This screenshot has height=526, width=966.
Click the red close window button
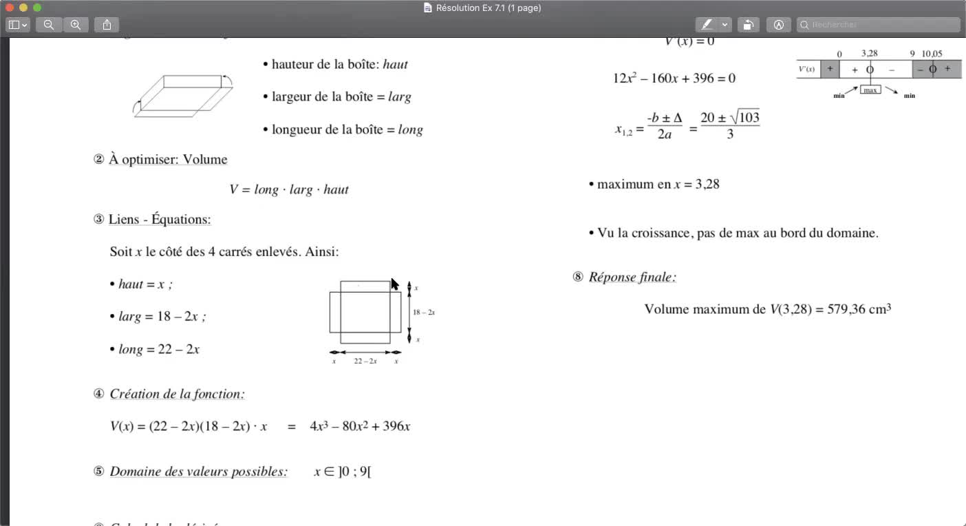point(10,8)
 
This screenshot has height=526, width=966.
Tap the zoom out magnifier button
point(49,25)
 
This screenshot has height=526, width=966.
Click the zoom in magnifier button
point(76,25)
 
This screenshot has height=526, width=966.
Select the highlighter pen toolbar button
point(706,25)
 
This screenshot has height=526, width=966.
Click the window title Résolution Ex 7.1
point(488,8)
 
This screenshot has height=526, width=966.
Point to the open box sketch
point(183,96)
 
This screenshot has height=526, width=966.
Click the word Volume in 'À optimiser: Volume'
point(205,160)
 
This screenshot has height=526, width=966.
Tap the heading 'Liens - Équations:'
point(160,220)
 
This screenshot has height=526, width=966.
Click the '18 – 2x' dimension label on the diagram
point(424,313)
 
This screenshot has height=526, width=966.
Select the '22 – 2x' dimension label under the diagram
point(365,361)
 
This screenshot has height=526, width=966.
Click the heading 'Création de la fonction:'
point(177,394)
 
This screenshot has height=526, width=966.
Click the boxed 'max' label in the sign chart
point(870,90)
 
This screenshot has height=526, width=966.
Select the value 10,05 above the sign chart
point(932,54)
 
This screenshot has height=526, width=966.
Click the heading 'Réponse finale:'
point(632,277)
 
